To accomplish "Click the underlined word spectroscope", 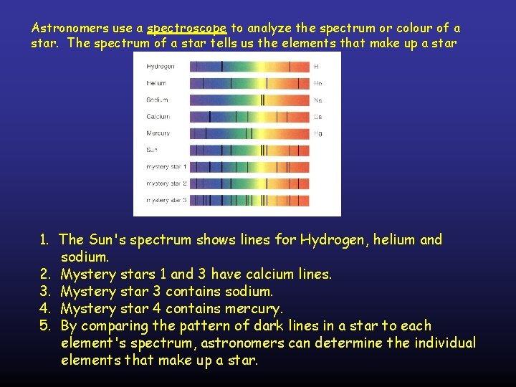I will (186, 29).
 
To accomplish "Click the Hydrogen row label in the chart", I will (160, 67).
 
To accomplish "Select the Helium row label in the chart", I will (156, 83).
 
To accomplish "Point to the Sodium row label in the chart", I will (157, 100).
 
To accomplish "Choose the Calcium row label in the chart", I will (158, 116).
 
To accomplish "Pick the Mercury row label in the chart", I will (158, 133).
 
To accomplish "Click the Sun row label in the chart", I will (152, 150).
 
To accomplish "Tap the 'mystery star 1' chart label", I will (166, 167).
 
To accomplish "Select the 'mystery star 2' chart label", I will (166, 183).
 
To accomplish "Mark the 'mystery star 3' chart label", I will (166, 200).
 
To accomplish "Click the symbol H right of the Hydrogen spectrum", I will (316, 67).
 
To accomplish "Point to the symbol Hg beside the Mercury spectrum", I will (317, 133).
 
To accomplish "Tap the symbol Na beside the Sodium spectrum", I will (317, 100).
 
